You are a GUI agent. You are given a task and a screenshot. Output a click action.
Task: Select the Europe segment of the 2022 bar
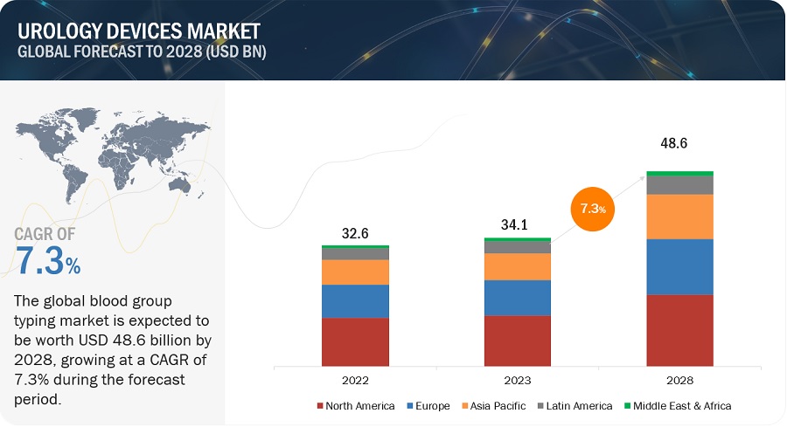tap(355, 301)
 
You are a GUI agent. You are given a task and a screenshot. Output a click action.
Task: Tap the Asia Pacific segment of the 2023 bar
tap(517, 266)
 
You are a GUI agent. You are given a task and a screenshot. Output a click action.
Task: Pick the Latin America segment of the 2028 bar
tap(679, 184)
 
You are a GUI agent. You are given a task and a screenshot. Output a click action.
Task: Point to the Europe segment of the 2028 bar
tap(679, 266)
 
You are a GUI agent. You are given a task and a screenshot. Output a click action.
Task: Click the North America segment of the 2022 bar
tap(355, 341)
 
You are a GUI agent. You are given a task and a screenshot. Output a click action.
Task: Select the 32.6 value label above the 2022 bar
tap(355, 234)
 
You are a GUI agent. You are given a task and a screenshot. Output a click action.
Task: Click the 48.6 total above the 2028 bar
tap(679, 142)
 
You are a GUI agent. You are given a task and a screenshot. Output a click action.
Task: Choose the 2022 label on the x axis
tap(355, 381)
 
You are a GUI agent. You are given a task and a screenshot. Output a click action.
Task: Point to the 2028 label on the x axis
tap(679, 381)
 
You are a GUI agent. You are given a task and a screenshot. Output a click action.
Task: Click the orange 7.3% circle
tap(595, 210)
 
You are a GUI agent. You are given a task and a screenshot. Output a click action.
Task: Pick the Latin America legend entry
tap(576, 405)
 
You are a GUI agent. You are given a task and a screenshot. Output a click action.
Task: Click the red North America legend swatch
tap(320, 405)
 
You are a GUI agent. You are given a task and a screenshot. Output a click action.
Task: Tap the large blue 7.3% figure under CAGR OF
tap(48, 261)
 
